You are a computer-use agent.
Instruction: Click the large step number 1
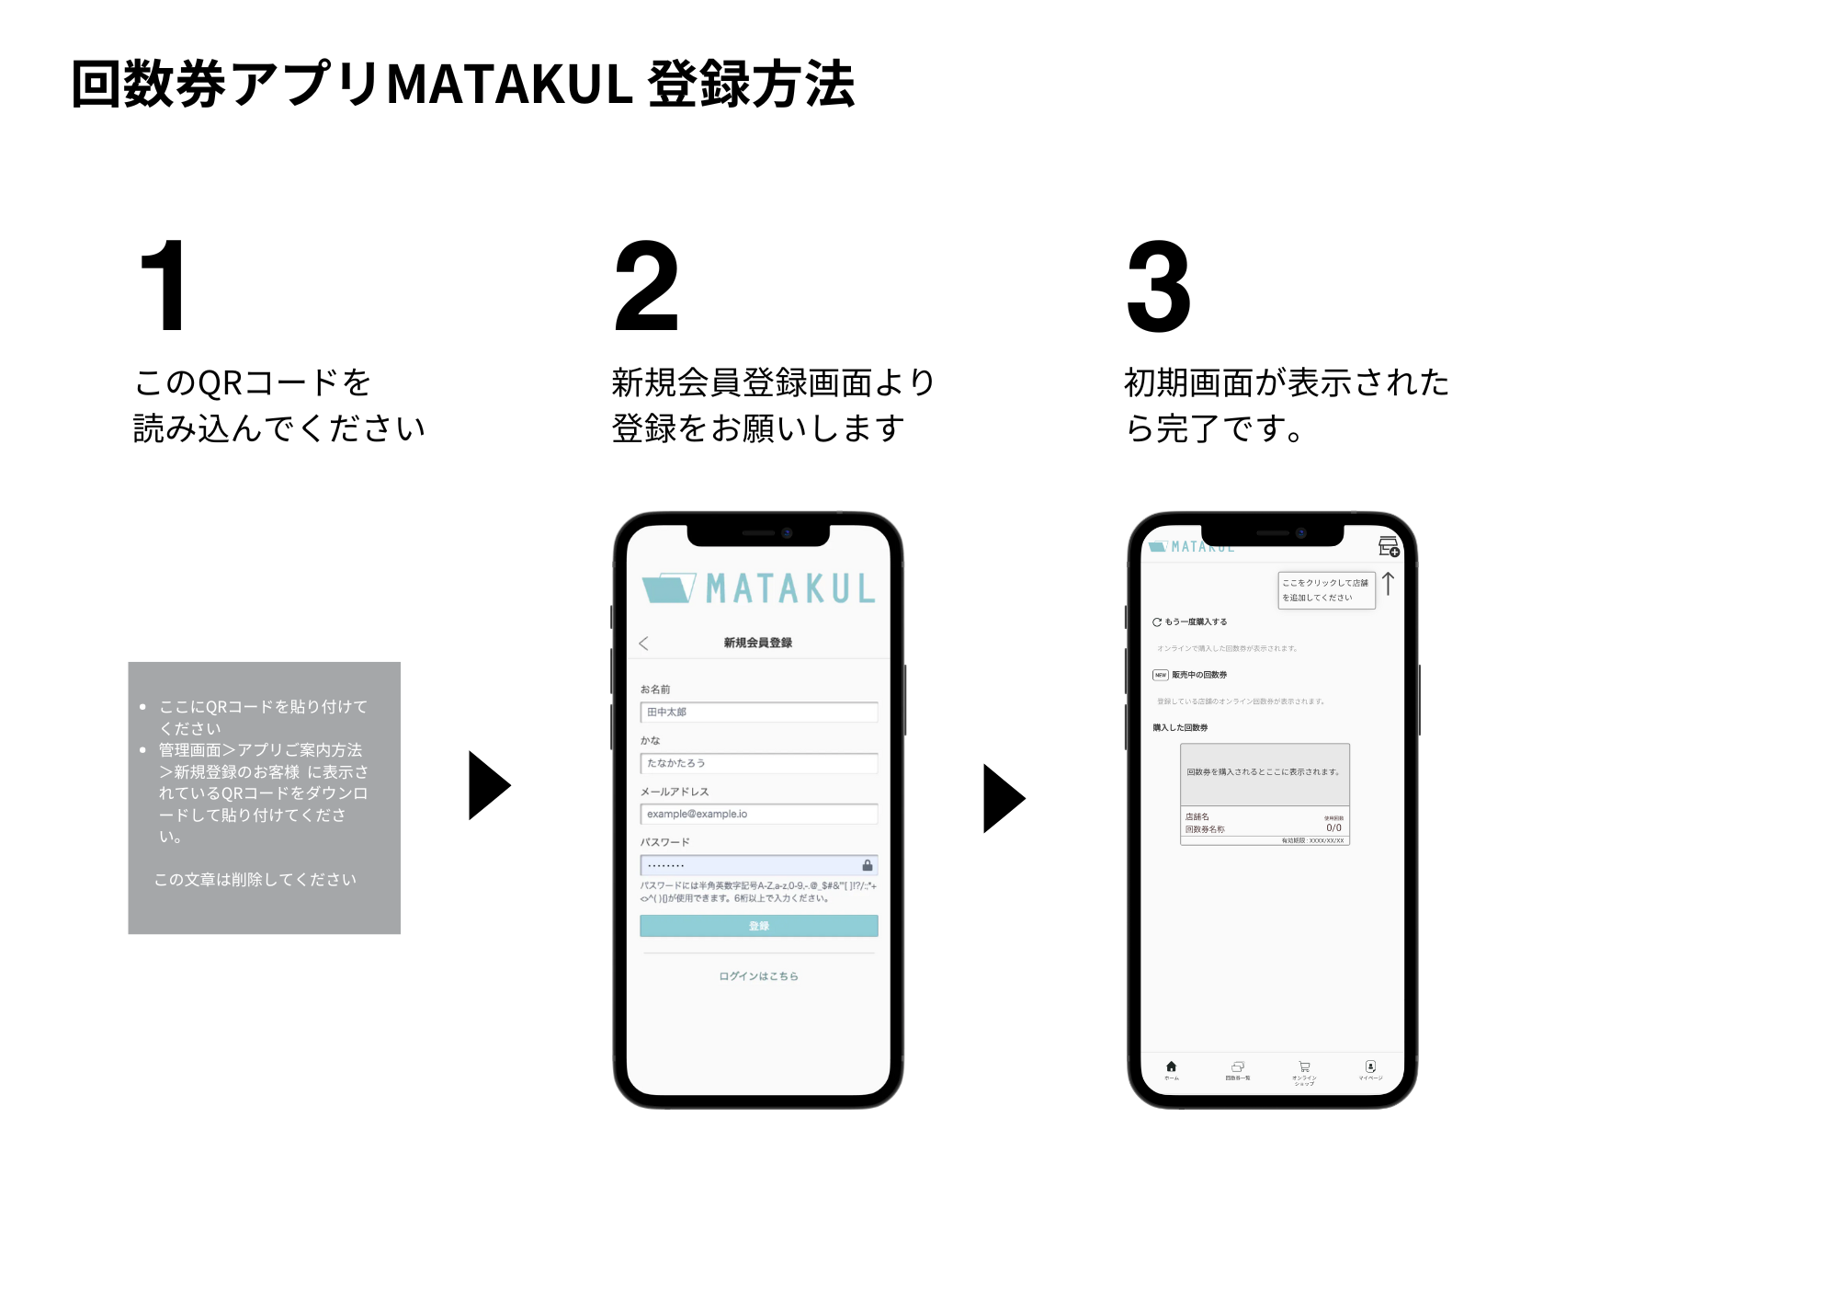(164, 286)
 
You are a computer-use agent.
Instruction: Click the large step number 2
(646, 286)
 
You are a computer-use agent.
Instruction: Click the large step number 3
(1159, 286)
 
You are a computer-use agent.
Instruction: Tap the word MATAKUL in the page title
(509, 85)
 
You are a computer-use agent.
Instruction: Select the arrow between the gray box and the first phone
(488, 785)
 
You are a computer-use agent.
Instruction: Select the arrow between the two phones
(1003, 798)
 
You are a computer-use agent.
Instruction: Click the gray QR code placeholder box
(264, 798)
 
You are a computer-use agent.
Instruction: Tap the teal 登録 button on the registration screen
(758, 926)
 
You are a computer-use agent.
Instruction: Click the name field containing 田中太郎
(758, 713)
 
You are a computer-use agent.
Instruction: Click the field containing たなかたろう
(758, 763)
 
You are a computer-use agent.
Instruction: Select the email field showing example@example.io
(758, 814)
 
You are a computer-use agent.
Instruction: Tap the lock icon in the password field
(867, 865)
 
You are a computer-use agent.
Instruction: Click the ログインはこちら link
(758, 976)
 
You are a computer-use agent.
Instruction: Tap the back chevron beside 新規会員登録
(643, 644)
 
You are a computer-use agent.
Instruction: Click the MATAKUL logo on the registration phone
(758, 588)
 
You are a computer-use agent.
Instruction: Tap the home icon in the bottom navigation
(1171, 1066)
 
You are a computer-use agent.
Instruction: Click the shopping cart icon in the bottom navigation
(1304, 1067)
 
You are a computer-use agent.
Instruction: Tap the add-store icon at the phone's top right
(1388, 547)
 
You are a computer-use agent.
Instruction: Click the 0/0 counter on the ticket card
(1333, 828)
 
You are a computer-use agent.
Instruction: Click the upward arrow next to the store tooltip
(1388, 584)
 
